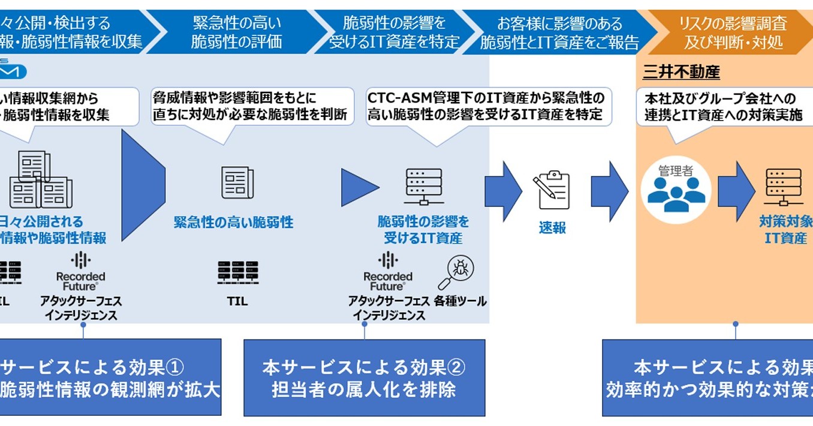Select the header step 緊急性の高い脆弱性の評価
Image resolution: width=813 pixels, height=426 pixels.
pos(236,32)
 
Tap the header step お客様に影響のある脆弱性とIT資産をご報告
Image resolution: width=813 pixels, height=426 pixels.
pos(559,32)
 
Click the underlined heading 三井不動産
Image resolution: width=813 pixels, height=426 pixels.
pos(681,73)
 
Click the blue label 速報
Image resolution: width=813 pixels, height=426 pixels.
pos(552,229)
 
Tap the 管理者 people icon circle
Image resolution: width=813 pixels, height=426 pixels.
pos(676,191)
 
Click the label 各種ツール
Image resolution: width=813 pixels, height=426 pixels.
pos(460,302)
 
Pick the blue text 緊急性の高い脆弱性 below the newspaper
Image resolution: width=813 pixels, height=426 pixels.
pos(234,223)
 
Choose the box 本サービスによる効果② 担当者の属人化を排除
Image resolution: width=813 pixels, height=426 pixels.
pos(364,378)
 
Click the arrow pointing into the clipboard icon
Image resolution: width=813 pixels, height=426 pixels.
pos(503,191)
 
